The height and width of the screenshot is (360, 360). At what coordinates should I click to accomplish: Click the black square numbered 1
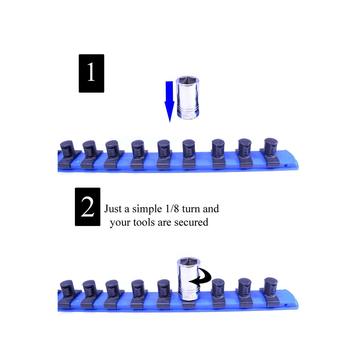(x=91, y=73)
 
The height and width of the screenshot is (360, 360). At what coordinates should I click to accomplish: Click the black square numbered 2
(x=87, y=207)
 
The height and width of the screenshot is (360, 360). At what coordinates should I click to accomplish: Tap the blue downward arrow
(x=169, y=101)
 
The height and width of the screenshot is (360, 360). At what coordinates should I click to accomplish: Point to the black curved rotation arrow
(x=201, y=277)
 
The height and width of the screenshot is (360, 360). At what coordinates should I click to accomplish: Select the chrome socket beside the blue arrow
(x=188, y=97)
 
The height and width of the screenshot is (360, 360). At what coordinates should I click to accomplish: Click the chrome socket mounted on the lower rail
(x=188, y=279)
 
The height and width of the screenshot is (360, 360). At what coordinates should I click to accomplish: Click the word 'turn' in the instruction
(x=193, y=209)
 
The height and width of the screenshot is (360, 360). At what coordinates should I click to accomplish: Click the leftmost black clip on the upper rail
(x=69, y=154)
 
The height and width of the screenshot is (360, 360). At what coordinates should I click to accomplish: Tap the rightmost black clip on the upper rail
(x=271, y=152)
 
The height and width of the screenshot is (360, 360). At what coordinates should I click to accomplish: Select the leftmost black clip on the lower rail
(x=69, y=294)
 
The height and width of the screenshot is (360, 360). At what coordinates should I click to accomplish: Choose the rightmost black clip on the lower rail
(x=271, y=292)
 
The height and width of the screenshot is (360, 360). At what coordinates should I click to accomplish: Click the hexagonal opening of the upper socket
(x=188, y=81)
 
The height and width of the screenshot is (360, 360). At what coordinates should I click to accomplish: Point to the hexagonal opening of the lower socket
(x=189, y=262)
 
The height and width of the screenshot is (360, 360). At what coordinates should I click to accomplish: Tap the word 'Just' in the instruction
(x=112, y=209)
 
